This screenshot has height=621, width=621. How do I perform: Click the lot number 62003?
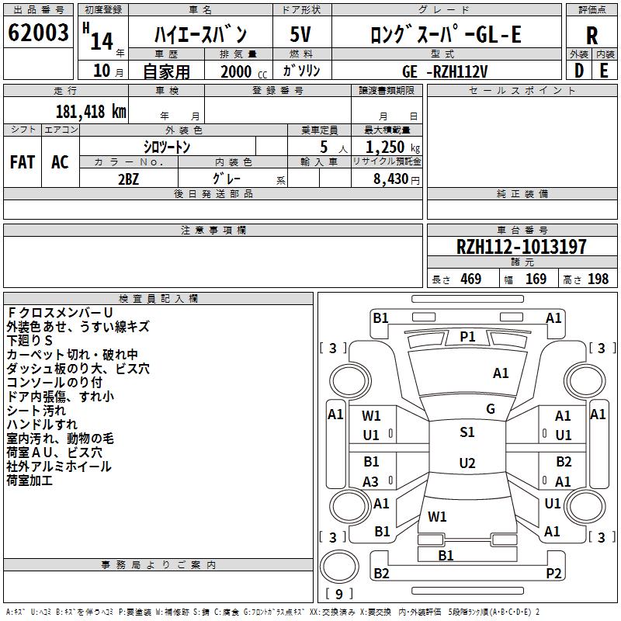click(x=37, y=33)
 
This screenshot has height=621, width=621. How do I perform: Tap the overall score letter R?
click(x=592, y=34)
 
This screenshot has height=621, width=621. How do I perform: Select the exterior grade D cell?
click(x=578, y=70)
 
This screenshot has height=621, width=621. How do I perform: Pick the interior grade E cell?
click(x=604, y=70)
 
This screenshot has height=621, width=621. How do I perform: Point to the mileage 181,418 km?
click(x=91, y=111)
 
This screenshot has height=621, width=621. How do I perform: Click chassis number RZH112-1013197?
click(x=522, y=248)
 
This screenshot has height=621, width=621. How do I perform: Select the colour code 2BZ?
click(x=129, y=178)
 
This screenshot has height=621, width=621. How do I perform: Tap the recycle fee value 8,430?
click(x=387, y=179)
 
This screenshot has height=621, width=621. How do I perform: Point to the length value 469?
click(x=470, y=279)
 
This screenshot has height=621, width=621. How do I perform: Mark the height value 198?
click(x=598, y=279)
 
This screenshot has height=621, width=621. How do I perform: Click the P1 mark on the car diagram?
click(x=467, y=336)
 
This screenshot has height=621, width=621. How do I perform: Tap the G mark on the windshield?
click(x=491, y=409)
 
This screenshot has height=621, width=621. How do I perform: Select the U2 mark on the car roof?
click(x=467, y=463)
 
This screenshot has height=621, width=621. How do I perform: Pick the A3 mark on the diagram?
click(x=371, y=481)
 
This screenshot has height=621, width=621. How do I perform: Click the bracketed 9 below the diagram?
click(x=338, y=594)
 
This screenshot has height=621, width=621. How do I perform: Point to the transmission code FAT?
click(x=23, y=162)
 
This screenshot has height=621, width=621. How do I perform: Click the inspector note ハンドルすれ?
click(x=42, y=424)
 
